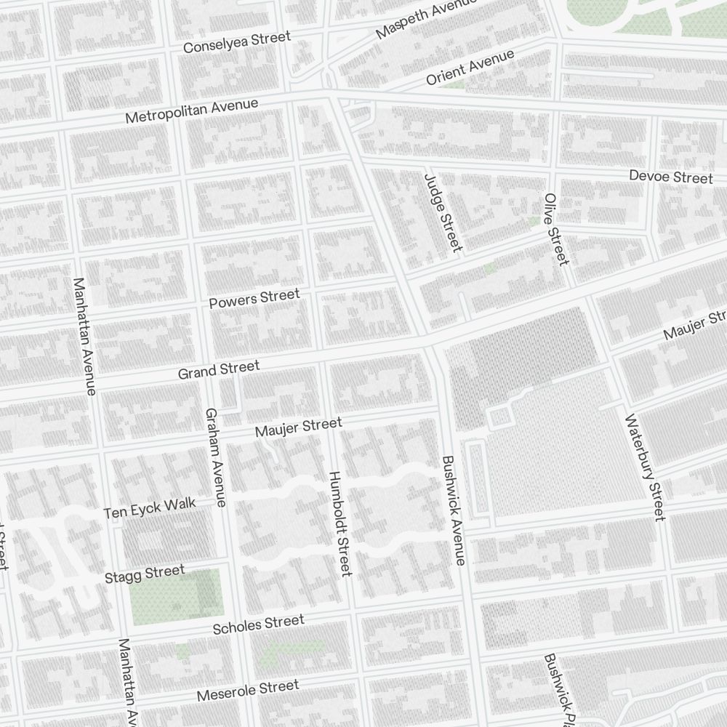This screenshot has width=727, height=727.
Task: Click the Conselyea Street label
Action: tap(236, 41)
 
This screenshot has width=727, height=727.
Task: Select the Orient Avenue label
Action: tap(470, 68)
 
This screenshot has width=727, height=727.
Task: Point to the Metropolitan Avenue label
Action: tap(191, 111)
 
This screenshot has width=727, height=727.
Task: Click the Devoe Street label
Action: tap(670, 177)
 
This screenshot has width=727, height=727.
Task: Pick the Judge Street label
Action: tap(443, 212)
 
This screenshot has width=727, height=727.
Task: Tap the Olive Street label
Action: tap(555, 229)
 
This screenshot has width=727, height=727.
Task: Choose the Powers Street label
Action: tap(254, 298)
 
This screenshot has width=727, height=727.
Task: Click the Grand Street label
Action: tap(219, 369)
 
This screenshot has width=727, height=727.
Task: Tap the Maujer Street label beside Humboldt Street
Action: tap(298, 427)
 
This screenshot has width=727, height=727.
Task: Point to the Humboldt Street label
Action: tap(340, 523)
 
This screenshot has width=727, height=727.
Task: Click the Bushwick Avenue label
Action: tap(453, 510)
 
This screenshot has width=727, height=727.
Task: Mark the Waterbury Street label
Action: tap(644, 467)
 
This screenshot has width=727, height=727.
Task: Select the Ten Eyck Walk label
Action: tap(150, 509)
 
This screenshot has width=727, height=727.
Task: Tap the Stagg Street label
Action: tap(145, 574)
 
